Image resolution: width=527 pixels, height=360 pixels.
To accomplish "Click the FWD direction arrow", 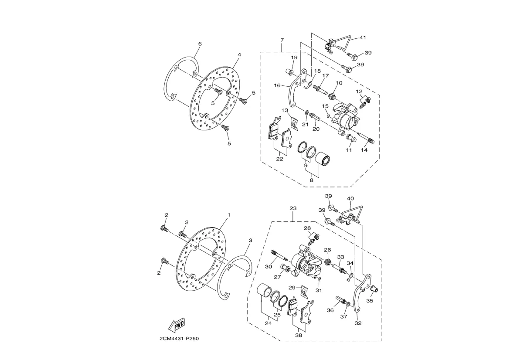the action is tap(177, 325).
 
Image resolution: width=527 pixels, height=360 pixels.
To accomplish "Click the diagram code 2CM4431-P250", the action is tap(179, 339).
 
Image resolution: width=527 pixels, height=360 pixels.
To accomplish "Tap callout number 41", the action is tap(363, 37).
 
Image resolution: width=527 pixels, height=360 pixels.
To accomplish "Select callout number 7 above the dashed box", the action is tap(282, 40).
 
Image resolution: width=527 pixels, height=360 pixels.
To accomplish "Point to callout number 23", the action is tap(293, 208).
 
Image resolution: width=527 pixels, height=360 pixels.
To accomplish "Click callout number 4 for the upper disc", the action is tap(239, 54).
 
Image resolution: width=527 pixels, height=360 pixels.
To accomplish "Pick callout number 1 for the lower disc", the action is tap(229, 215).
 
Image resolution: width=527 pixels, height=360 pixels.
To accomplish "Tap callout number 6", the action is tap(200, 44).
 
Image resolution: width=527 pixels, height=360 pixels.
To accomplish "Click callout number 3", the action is tap(251, 240).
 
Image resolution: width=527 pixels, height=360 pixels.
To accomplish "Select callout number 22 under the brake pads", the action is tap(279, 159).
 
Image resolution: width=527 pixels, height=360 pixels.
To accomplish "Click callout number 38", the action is tap(298, 335).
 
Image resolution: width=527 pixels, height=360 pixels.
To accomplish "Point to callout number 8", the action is tap(312, 180).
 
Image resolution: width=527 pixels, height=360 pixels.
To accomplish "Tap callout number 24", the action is tap(268, 323).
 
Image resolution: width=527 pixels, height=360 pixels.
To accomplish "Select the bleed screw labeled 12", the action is tap(365, 102).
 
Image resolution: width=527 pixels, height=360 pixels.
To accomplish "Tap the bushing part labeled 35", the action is tap(374, 289).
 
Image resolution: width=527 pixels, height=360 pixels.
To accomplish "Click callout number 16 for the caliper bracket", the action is tap(277, 85).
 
